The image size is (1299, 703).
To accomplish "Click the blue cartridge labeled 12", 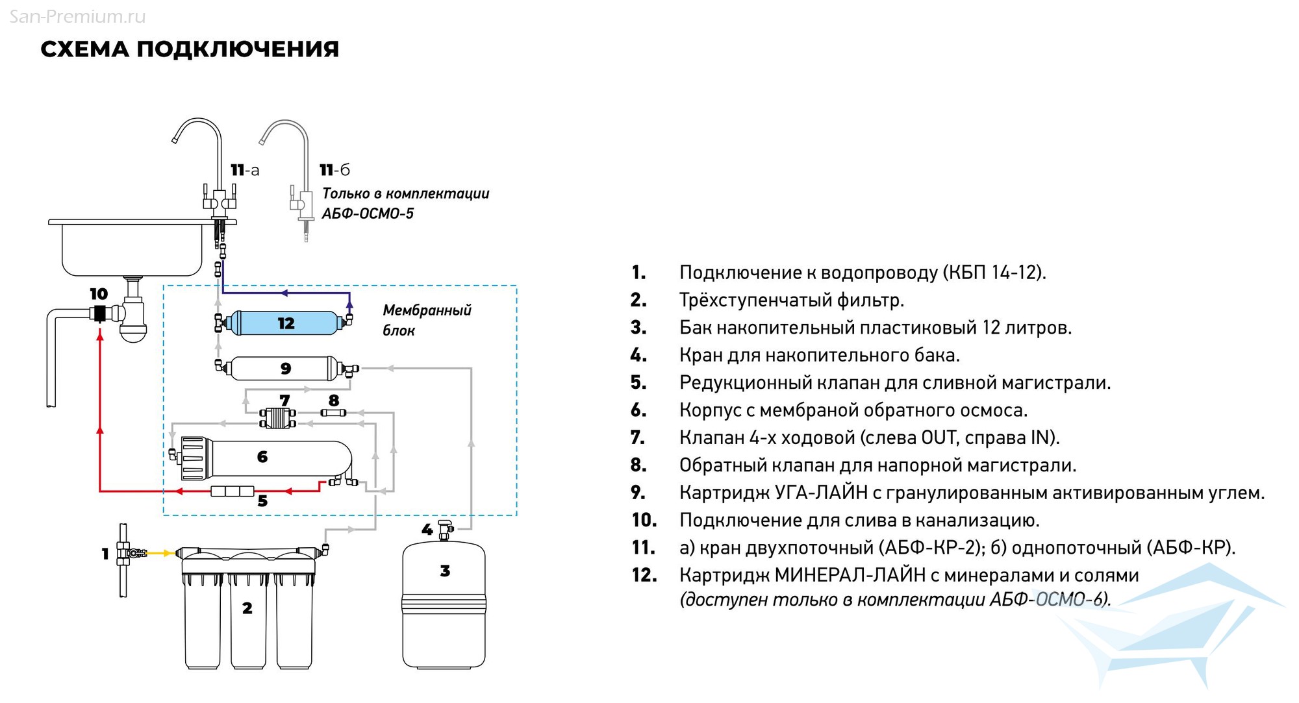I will pos(286,323).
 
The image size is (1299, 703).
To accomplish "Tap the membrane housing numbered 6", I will pos(263,457).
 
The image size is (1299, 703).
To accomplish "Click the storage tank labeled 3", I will pos(444,604).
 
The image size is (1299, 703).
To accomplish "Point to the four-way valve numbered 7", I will pos(277,417).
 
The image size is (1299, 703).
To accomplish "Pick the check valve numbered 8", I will pos(333,412).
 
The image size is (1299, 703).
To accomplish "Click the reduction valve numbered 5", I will pos(232,491).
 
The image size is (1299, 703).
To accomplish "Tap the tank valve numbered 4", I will pos(446,529).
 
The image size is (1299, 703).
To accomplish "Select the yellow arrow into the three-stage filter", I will pos(162,553).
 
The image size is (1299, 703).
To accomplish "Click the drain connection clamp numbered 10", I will pos(99,314).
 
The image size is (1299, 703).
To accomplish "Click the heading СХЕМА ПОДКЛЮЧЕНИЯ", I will pos(190,49).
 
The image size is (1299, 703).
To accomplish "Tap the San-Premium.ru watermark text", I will pos(77,16).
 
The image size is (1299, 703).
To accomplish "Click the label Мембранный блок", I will pos(426,320).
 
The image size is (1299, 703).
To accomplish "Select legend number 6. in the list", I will pos(638,410).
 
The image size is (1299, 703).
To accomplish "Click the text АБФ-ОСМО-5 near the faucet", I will pos(368,214).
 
